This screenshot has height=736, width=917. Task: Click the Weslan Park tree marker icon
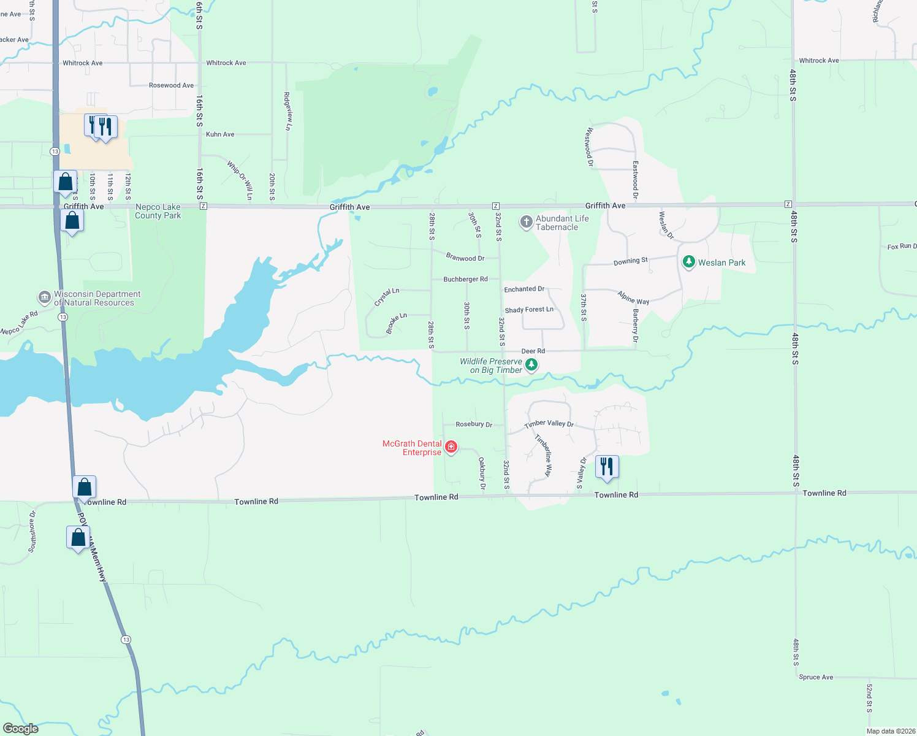click(688, 262)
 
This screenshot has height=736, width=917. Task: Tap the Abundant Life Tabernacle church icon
click(526, 221)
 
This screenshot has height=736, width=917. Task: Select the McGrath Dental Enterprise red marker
click(451, 447)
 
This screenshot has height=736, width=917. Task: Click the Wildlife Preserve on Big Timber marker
click(531, 365)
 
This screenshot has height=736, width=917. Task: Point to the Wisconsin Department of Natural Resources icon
click(44, 297)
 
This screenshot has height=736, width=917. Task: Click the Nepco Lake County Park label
click(158, 211)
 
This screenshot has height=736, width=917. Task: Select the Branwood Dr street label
click(465, 258)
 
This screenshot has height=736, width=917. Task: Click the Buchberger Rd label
click(465, 279)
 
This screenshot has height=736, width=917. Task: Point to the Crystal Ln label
click(387, 297)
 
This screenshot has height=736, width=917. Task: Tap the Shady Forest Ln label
click(529, 310)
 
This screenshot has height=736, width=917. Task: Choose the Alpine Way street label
click(633, 298)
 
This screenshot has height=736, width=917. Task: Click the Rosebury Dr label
click(474, 424)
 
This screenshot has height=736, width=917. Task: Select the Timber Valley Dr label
click(549, 424)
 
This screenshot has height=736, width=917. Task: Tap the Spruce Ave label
click(816, 677)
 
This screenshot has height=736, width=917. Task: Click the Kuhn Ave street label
click(220, 134)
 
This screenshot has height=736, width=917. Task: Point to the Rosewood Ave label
click(171, 85)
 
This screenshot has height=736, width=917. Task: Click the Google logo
click(21, 729)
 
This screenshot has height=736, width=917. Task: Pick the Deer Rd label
click(533, 351)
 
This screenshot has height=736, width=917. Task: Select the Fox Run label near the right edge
click(902, 247)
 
